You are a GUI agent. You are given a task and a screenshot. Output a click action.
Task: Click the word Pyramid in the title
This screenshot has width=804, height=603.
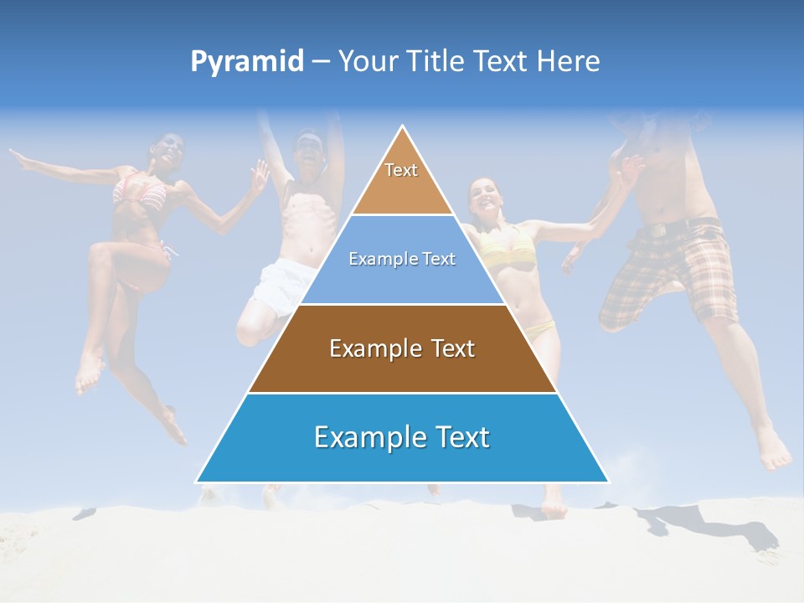[x=247, y=62]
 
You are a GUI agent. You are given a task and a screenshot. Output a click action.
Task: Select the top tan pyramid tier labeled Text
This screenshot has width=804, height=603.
[x=402, y=180]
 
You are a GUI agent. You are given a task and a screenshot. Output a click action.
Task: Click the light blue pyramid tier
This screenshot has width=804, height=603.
[x=402, y=260]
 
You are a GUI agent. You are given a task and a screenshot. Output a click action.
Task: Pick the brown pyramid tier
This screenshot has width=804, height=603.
[x=402, y=348]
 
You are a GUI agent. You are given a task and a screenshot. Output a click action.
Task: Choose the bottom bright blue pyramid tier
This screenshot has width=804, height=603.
[x=402, y=438]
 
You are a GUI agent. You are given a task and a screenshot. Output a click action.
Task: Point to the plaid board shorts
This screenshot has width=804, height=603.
[x=670, y=272]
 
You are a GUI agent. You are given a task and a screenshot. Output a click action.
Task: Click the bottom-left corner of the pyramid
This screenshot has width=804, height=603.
[x=198, y=482]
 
